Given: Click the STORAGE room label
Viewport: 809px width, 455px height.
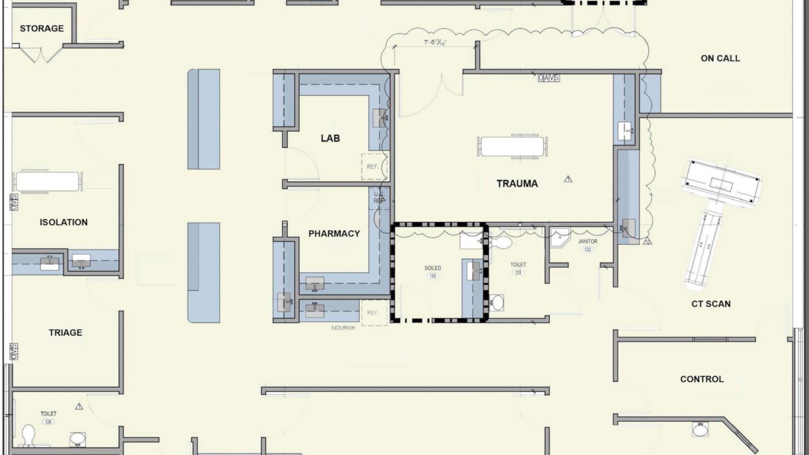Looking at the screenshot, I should click(x=42, y=29).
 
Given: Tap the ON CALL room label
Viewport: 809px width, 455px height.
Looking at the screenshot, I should click(x=720, y=59).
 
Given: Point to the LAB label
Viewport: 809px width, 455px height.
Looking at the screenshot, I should click(x=330, y=138).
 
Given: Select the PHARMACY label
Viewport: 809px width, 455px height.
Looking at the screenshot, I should click(x=334, y=233).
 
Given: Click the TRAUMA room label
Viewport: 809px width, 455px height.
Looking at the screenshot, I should click(x=517, y=184).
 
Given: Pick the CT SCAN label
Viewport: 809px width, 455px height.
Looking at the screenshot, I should click(x=711, y=304).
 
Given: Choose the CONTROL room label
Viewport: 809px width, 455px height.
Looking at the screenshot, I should click(x=702, y=379).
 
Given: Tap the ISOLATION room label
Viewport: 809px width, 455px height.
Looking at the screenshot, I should click(x=64, y=222).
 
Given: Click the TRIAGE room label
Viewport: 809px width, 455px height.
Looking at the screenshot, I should click(x=65, y=333).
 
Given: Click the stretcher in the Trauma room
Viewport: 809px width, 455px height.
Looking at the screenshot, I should click(x=512, y=147).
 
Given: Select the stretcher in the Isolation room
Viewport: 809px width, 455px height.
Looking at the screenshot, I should click(x=47, y=181).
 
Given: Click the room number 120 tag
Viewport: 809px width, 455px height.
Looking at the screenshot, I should click(x=433, y=276).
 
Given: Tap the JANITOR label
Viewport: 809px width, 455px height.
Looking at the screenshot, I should click(x=587, y=241).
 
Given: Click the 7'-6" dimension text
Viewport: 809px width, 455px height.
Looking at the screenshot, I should click(x=435, y=42).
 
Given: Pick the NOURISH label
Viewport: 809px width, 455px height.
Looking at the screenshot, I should click(x=343, y=328).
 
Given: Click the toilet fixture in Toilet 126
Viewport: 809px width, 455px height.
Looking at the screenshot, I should click(x=28, y=435).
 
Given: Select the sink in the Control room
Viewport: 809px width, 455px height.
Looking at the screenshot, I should click(x=700, y=430).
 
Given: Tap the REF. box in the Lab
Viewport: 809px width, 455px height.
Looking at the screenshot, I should click(x=373, y=166).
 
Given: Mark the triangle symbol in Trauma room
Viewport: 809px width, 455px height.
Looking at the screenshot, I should click(x=568, y=179).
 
